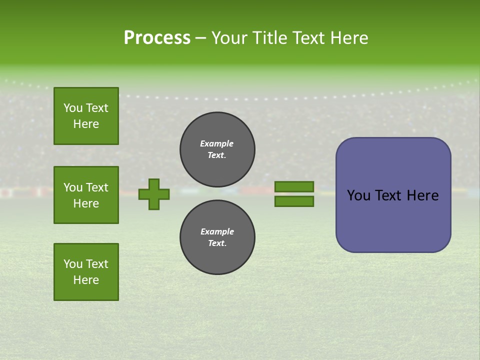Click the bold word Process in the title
tap(157, 38)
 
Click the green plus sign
tap(154, 194)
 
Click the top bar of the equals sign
tap(294, 187)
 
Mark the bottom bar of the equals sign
tap(294, 201)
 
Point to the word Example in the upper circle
tap(217, 143)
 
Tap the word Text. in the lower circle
tap(217, 243)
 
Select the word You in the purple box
tap(359, 195)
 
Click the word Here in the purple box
tap(422, 195)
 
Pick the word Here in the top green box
tap(86, 124)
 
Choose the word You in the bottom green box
tap(73, 264)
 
